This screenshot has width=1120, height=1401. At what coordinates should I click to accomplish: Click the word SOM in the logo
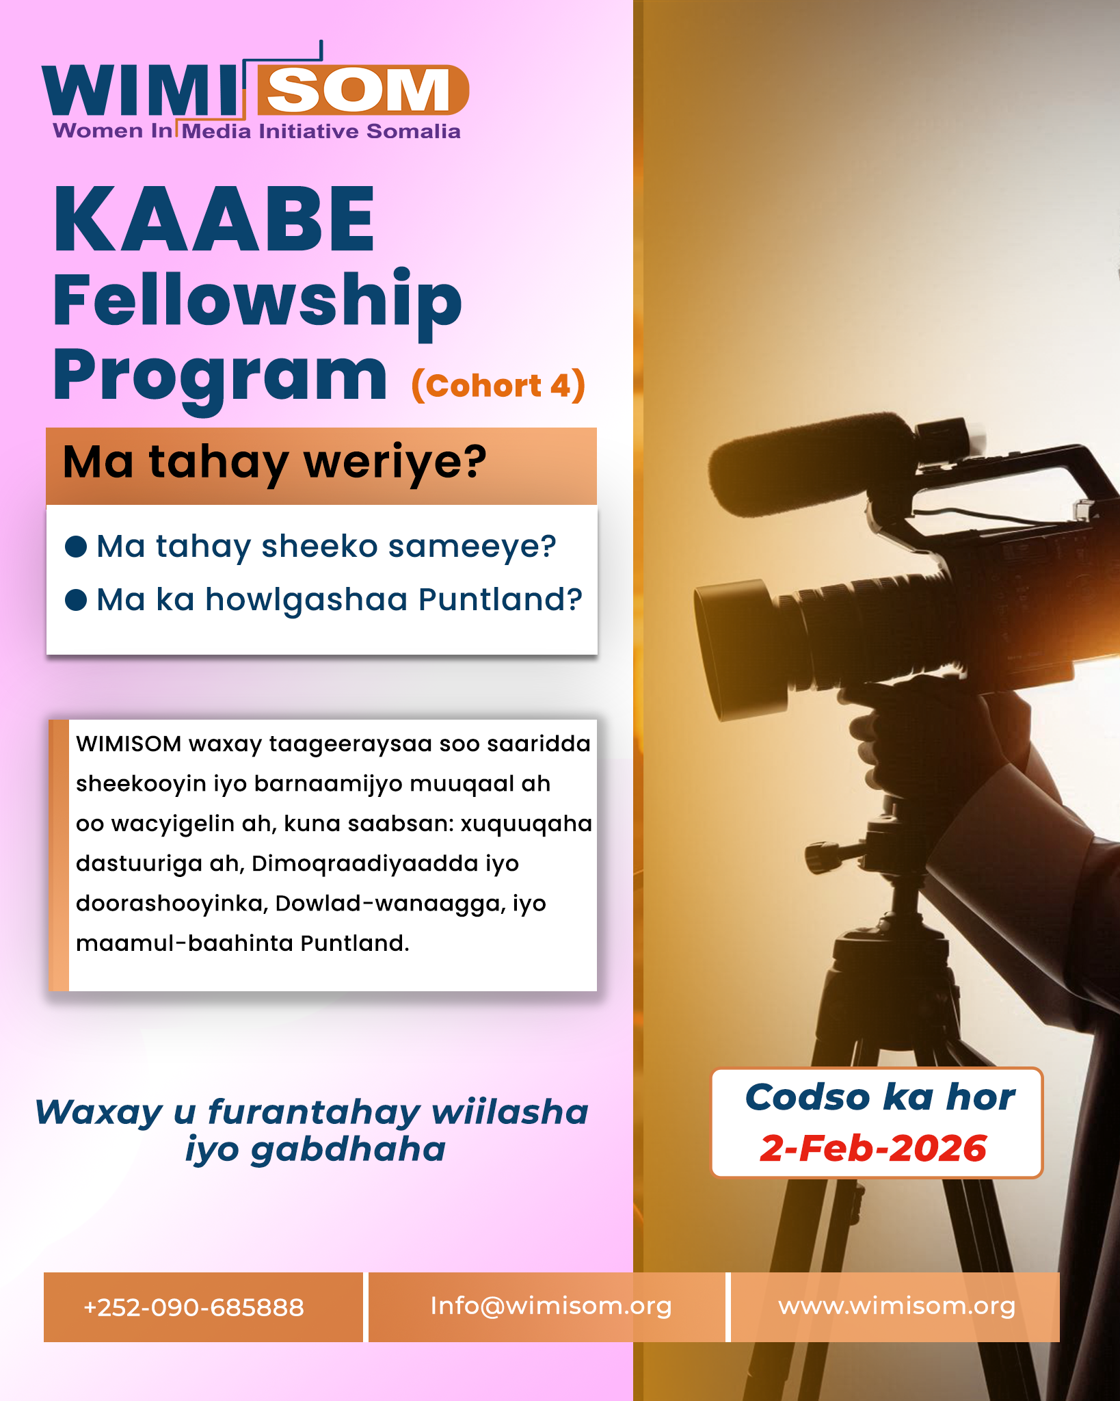(358, 90)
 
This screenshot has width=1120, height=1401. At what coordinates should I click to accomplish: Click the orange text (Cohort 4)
(498, 386)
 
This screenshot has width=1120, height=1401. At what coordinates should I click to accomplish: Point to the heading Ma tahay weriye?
(275, 462)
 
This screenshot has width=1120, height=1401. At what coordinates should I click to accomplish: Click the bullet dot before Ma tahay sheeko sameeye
(76, 547)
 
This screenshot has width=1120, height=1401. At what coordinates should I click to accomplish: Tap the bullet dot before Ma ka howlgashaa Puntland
(76, 599)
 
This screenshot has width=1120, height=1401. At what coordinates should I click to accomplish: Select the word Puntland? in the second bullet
(501, 599)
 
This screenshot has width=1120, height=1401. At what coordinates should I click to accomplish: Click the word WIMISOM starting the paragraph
(129, 744)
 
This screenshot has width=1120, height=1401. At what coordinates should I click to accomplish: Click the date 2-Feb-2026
(874, 1149)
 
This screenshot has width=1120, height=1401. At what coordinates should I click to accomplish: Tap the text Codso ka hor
(880, 1097)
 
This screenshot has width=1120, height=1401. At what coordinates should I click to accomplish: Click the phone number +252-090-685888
(194, 1307)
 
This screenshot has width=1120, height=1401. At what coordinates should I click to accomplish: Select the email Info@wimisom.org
(551, 1307)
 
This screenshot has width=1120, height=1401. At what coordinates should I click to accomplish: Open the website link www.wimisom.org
(897, 1307)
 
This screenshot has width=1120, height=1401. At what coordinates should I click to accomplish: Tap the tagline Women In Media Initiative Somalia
(257, 131)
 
